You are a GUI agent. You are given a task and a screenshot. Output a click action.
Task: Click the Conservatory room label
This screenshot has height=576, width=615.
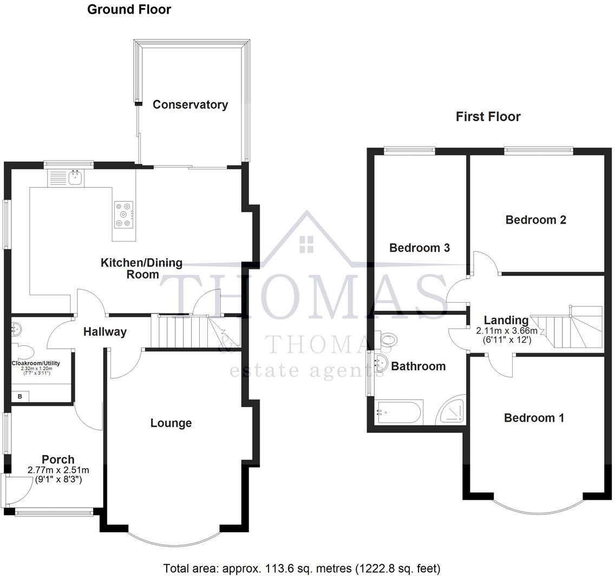pyautogui.click(x=190, y=104)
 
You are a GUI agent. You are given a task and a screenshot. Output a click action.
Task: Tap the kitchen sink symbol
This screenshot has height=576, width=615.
pyautogui.click(x=66, y=177)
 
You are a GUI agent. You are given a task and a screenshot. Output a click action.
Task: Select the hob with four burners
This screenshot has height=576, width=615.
pyautogui.click(x=123, y=214)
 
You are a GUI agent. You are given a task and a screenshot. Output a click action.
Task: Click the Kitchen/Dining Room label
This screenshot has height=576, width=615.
pyautogui.click(x=142, y=269)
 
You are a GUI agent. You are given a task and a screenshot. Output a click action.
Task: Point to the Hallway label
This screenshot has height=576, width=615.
pyautogui.click(x=105, y=332)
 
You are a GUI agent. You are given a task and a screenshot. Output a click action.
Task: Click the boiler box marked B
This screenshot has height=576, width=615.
pyautogui.click(x=21, y=397)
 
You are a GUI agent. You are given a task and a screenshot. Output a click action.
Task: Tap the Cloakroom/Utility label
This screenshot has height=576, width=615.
pyautogui.click(x=36, y=363)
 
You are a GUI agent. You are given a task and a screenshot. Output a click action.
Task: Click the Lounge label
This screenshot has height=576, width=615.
pyautogui.click(x=171, y=423)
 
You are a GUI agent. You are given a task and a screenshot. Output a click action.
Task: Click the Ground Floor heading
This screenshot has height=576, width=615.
pyautogui.click(x=129, y=9)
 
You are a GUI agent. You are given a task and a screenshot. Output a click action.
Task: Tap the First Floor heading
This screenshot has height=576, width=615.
pyautogui.click(x=488, y=116)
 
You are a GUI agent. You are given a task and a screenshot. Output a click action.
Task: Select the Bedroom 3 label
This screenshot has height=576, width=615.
pyautogui.click(x=420, y=248)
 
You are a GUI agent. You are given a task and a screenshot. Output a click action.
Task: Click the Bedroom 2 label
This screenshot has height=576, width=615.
pyautogui.click(x=535, y=220)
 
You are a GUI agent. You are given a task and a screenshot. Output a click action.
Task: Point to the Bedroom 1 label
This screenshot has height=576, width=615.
pyautogui.click(x=534, y=418)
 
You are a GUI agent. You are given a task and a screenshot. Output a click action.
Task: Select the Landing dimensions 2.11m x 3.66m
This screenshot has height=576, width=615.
pyautogui.click(x=506, y=336)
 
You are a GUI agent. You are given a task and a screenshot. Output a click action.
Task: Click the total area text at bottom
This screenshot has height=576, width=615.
pyautogui.click(x=302, y=568)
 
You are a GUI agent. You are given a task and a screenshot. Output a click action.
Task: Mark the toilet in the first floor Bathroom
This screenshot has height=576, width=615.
pyautogui.click(x=388, y=339)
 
